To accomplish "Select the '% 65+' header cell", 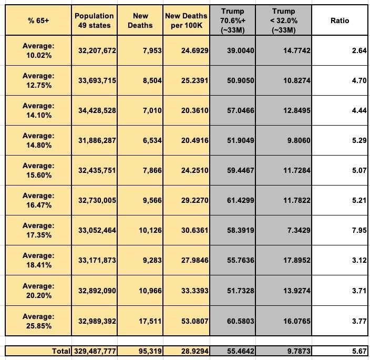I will click(x=38, y=20).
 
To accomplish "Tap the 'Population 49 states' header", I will click(x=94, y=20).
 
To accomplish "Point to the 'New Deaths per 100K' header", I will click(x=186, y=20).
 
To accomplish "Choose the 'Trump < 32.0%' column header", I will click(x=284, y=20).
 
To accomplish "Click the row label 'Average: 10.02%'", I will click(x=38, y=50).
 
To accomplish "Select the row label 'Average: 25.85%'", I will click(x=38, y=321).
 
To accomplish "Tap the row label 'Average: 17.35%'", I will click(x=38, y=231).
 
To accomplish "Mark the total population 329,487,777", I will click(x=94, y=349).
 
